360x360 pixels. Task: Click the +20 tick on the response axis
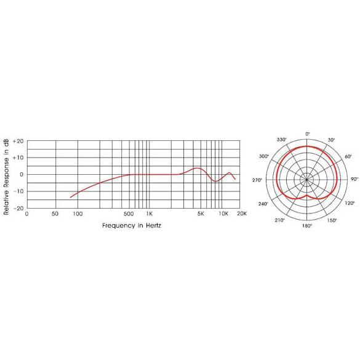(x=18, y=141)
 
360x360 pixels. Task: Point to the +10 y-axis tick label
(x=18, y=158)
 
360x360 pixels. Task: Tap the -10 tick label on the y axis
(x=18, y=191)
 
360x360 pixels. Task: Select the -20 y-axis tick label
(x=18, y=208)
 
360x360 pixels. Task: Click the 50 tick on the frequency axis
(x=55, y=214)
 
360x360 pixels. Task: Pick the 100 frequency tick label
(x=78, y=214)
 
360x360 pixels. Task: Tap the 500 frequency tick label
(x=129, y=214)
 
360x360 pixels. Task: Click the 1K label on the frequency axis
(x=150, y=214)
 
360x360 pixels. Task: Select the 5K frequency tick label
(x=201, y=214)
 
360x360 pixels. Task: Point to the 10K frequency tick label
(x=223, y=214)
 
